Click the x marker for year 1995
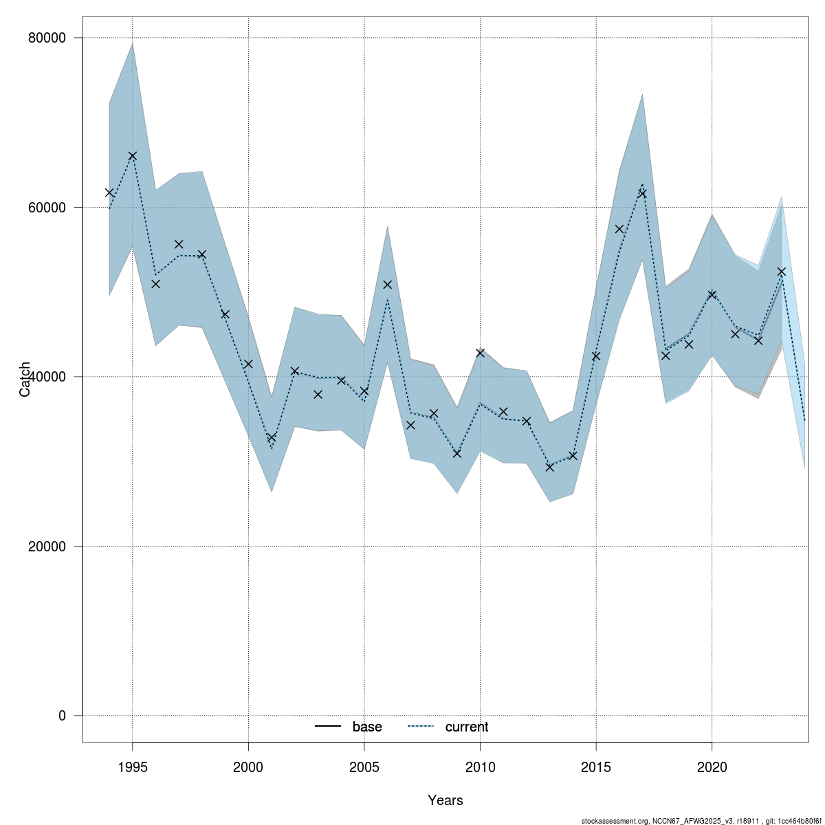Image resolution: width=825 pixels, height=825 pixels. (x=133, y=156)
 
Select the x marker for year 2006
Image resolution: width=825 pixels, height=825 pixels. (x=387, y=285)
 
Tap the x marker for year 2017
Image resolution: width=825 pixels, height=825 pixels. (x=642, y=193)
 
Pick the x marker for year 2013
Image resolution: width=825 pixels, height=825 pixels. (x=549, y=467)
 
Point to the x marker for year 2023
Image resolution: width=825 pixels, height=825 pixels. (x=781, y=272)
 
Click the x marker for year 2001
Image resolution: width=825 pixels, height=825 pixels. (x=272, y=437)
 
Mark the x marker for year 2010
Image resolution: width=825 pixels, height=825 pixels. (x=480, y=353)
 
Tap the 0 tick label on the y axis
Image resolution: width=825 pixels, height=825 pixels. (x=61, y=716)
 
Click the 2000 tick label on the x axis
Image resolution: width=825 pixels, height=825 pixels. (x=248, y=767)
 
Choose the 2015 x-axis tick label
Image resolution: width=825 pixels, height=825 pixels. (x=596, y=767)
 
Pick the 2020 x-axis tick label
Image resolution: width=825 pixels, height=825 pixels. (x=712, y=767)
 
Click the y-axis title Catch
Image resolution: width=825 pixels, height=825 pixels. (x=25, y=379)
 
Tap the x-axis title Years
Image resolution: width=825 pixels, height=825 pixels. (x=445, y=800)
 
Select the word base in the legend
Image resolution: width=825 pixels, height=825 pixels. (x=367, y=727)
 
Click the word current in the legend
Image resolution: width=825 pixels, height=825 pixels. (x=467, y=727)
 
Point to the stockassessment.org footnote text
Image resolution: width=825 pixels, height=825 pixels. (x=701, y=821)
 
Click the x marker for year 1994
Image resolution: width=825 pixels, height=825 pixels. (x=109, y=192)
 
